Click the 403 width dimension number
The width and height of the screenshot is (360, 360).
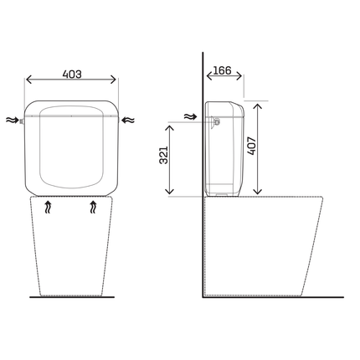[72, 74]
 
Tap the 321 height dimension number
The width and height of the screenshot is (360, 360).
[165, 155]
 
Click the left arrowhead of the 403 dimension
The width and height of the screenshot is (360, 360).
[29, 81]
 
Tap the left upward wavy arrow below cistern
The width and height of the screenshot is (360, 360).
[49, 209]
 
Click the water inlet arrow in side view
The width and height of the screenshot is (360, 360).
[188, 119]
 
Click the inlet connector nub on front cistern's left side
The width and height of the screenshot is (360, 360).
[25, 121]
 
